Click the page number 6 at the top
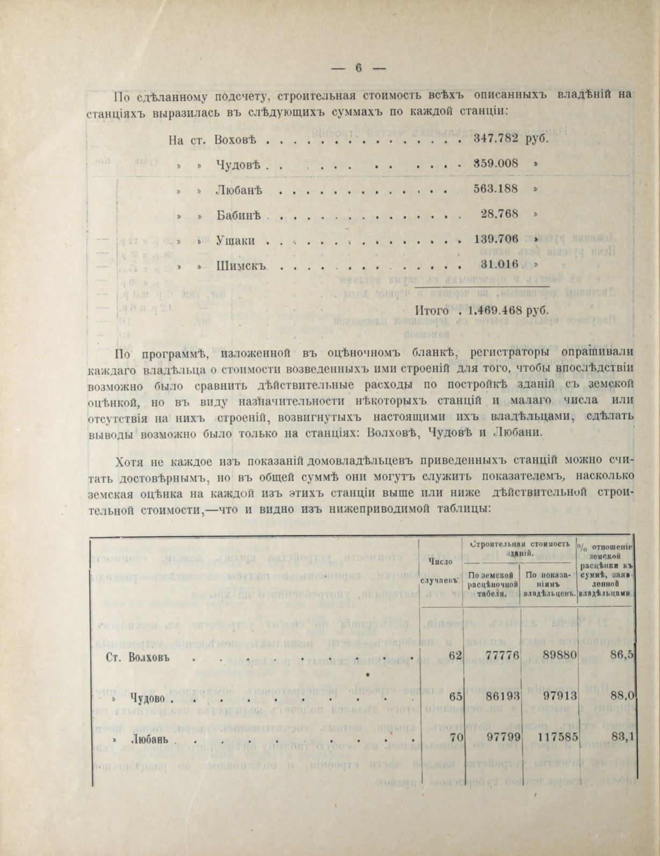(359, 68)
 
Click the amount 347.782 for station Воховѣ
(496, 138)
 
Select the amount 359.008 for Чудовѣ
(496, 163)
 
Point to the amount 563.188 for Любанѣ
(496, 189)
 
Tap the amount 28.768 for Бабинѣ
(499, 214)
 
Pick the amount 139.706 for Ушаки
(496, 239)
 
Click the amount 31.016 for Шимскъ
(499, 264)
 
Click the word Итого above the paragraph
(431, 311)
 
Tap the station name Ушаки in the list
(235, 240)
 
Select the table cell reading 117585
(557, 738)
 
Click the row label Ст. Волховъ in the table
(134, 657)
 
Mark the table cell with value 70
(456, 738)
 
